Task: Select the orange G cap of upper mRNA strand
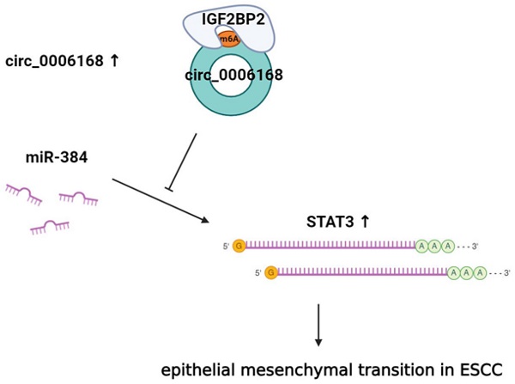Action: (239, 247)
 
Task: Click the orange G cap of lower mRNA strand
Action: (272, 272)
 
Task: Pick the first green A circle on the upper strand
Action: (422, 247)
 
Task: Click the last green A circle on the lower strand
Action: (481, 272)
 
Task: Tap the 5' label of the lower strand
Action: (259, 272)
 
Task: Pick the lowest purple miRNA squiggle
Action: (50, 226)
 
